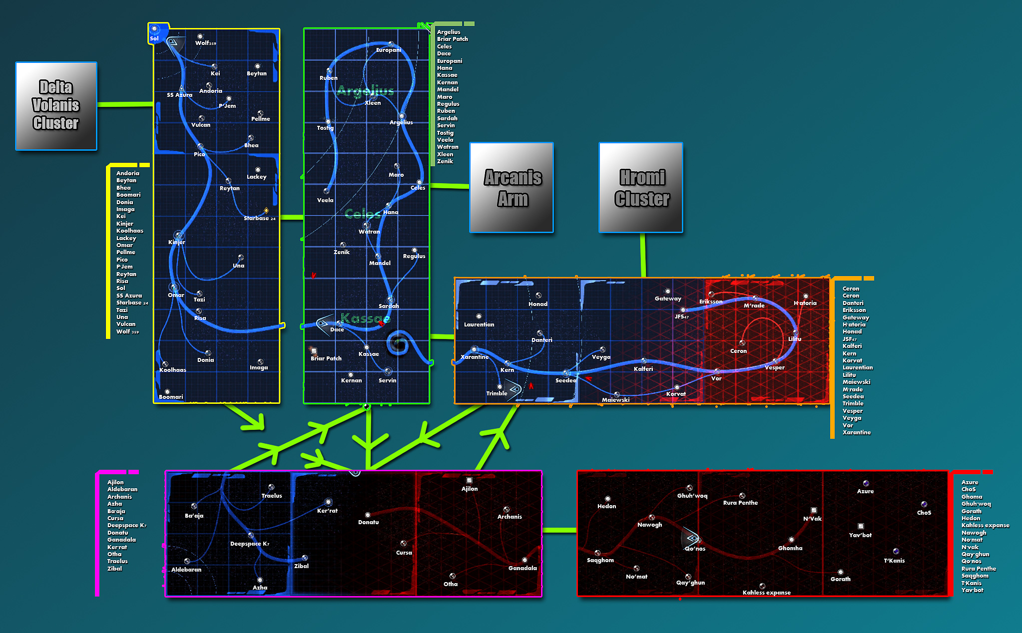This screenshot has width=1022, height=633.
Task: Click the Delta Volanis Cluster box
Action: pyautogui.click(x=56, y=105)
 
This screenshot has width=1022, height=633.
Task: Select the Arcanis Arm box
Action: pyautogui.click(x=511, y=187)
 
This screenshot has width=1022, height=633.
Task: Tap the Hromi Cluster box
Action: pyautogui.click(x=641, y=187)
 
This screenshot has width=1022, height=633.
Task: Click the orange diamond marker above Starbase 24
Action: pyautogui.click(x=266, y=211)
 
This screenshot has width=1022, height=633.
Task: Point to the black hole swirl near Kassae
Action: pyautogui.click(x=398, y=343)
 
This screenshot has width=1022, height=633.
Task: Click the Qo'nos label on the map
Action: pyautogui.click(x=695, y=549)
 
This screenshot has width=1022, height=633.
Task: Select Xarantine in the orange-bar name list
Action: pyautogui.click(x=856, y=432)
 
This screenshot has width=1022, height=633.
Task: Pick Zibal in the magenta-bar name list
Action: pyautogui.click(x=114, y=569)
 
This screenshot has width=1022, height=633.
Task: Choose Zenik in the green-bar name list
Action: pyautogui.click(x=445, y=161)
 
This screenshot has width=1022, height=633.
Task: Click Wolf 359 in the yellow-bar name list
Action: pyautogui.click(x=127, y=331)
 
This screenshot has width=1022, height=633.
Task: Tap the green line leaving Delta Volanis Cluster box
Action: pyautogui.click(x=125, y=104)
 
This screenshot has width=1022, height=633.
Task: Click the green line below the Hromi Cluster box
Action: pyautogui.click(x=643, y=255)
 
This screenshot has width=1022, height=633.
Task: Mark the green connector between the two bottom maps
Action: pyautogui.click(x=559, y=530)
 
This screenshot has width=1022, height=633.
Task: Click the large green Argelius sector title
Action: pyautogui.click(x=365, y=91)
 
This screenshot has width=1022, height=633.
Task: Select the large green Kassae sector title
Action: pyautogui.click(x=365, y=318)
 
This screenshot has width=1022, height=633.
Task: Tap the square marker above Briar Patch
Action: pyautogui.click(x=314, y=351)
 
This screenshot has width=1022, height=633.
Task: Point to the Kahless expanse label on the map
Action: pyautogui.click(x=766, y=593)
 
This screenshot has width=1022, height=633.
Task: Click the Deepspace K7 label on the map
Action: pyautogui.click(x=249, y=544)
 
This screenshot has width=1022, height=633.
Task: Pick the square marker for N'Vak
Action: pyautogui.click(x=814, y=510)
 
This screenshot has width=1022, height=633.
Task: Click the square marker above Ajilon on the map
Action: pyautogui.click(x=469, y=480)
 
